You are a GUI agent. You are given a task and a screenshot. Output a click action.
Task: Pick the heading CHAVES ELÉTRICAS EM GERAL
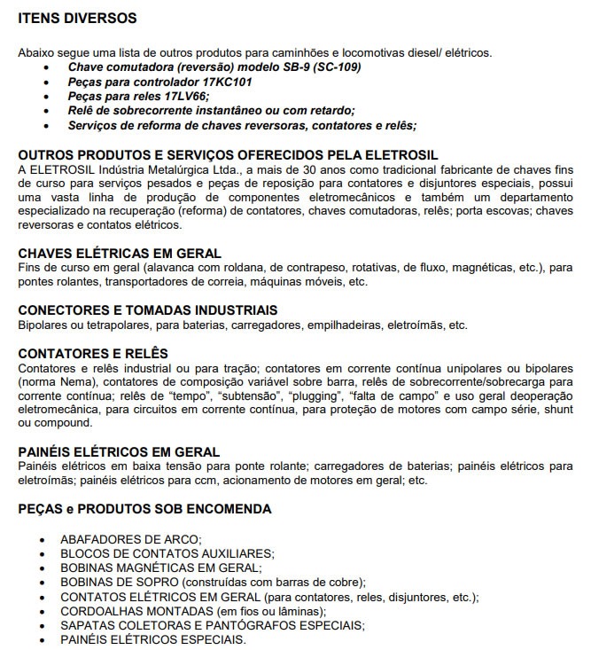120,254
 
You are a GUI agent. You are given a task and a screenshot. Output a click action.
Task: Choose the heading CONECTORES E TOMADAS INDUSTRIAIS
148,310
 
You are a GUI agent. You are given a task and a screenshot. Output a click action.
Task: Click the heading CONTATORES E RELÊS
91,353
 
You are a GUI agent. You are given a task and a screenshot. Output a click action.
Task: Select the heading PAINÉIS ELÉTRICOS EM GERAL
119,452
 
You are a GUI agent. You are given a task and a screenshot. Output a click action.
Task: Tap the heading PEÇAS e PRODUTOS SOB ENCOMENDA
144,509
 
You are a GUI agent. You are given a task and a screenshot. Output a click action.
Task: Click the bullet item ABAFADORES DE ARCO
131,538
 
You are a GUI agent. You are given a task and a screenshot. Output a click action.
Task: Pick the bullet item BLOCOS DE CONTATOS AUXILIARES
167,552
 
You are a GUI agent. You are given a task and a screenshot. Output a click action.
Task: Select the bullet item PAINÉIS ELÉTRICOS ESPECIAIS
152,638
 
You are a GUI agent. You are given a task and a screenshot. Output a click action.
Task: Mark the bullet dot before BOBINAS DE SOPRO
43,582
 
